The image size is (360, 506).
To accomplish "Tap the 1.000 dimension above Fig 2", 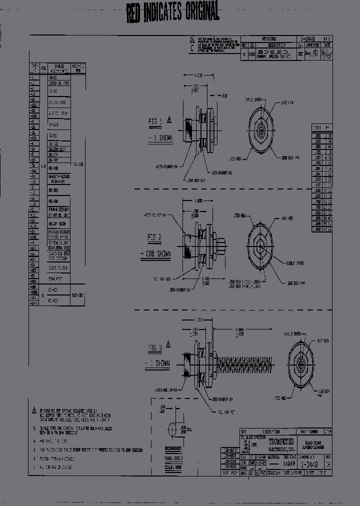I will pos(195,200).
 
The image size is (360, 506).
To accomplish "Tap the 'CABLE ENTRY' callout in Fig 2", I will pos(297,262).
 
